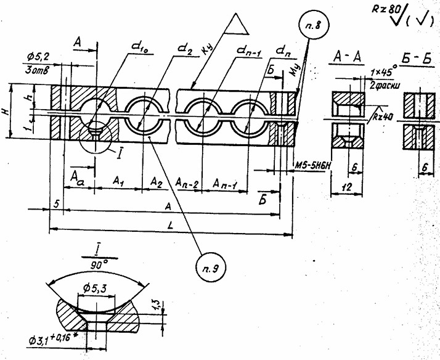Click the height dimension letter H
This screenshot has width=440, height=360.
6,112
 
